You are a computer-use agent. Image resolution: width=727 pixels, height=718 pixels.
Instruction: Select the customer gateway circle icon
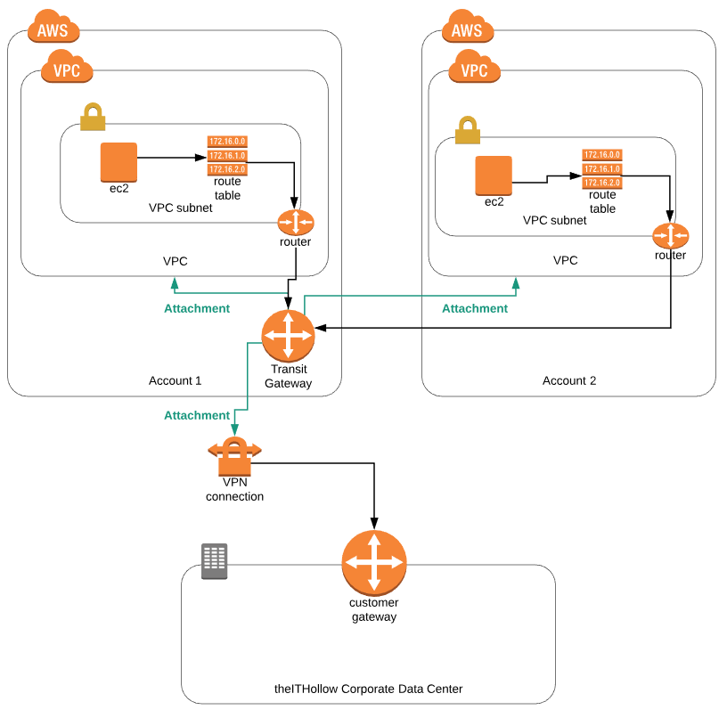pos(374,562)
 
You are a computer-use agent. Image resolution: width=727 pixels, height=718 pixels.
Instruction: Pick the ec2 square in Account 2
pos(494,175)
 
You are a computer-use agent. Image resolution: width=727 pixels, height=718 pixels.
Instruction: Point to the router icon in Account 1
pos(296,221)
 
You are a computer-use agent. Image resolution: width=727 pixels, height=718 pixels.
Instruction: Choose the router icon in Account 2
pos(670,235)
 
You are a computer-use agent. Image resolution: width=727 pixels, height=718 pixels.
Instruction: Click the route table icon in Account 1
pos(227,155)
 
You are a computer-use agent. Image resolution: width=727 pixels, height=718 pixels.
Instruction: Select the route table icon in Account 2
pos(601,168)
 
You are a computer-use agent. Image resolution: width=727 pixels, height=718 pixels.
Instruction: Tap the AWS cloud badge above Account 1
pos(53,29)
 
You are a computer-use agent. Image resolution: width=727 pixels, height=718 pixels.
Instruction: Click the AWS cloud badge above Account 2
pos(467,29)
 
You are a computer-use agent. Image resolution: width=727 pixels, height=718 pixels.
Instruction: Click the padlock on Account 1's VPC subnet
pos(93,117)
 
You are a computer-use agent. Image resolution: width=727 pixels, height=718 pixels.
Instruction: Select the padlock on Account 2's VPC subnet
pos(468,129)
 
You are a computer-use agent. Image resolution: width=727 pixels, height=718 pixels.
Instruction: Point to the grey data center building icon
pos(214,561)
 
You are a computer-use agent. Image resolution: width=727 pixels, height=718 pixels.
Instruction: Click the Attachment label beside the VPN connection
pos(197,415)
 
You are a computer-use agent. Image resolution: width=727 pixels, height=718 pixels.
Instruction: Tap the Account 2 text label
pos(569,380)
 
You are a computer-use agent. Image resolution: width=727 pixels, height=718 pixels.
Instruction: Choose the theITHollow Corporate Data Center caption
pos(368,689)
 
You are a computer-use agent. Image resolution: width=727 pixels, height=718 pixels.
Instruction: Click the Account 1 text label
pos(176,380)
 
